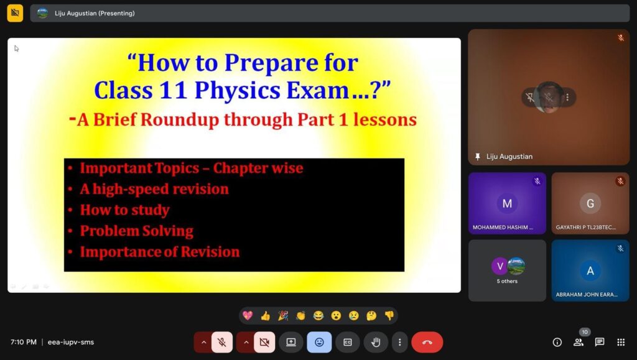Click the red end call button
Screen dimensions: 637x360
[x=427, y=342]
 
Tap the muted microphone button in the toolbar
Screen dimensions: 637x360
[x=222, y=342]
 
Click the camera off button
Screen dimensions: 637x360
[x=264, y=342]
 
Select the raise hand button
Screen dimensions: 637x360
[x=376, y=342]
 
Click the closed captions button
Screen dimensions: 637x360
[x=347, y=342]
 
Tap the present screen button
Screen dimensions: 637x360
[x=291, y=342]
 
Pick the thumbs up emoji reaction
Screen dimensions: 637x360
[x=265, y=315]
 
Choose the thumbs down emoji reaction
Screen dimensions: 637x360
[x=389, y=315]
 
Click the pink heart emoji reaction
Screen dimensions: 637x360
[x=248, y=315]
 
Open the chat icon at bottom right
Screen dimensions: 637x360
[x=600, y=342]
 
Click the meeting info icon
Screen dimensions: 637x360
[x=557, y=342]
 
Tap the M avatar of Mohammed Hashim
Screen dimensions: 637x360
[x=507, y=203]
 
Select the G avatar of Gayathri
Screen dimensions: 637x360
[x=590, y=203]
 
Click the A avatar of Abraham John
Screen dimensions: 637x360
[x=590, y=270]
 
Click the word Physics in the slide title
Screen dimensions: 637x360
[x=237, y=90]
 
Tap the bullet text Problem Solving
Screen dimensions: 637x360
[x=136, y=231]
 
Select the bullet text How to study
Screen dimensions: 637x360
[x=124, y=210]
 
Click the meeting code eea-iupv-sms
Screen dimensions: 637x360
[x=71, y=342]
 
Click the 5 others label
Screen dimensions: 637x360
[x=507, y=281]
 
